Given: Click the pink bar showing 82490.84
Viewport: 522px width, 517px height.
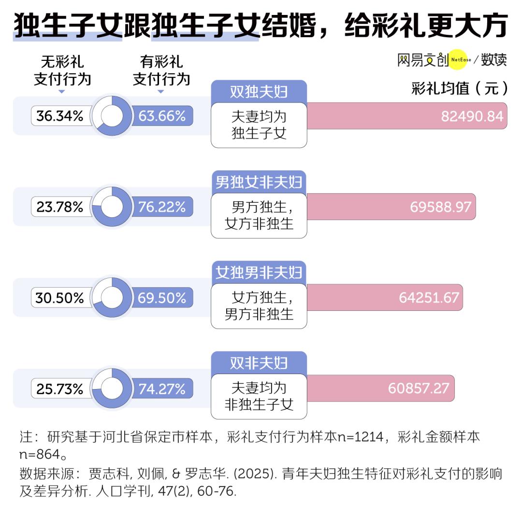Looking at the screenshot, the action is [407, 116].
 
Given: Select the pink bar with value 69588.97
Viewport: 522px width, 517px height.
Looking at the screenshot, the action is [391, 207].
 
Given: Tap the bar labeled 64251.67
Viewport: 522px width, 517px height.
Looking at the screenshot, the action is [385, 297].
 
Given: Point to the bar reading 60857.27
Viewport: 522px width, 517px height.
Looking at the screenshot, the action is [380, 388].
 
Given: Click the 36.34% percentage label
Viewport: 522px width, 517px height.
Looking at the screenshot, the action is [60, 116].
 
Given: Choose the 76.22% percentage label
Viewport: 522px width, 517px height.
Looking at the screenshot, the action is [162, 207].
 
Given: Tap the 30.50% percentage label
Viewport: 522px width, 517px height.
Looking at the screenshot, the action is [60, 297].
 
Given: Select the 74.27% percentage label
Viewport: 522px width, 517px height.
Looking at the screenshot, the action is [162, 389].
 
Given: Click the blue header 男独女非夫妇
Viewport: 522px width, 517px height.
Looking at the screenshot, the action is [259, 182].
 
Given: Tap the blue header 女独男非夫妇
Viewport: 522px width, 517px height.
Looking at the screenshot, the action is [259, 273].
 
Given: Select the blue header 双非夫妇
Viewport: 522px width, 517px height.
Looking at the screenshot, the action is [259, 363].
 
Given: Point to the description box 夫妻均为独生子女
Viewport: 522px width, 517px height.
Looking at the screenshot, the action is [259, 125].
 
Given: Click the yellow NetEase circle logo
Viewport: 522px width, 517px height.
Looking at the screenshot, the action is [458, 59].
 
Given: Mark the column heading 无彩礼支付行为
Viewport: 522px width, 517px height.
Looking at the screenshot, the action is [62, 70].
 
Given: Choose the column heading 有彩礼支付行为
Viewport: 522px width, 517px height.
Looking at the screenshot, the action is [161, 70].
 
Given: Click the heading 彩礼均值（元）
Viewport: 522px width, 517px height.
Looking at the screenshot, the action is [460, 88].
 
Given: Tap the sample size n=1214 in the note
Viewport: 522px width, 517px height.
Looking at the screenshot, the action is [361, 436].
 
